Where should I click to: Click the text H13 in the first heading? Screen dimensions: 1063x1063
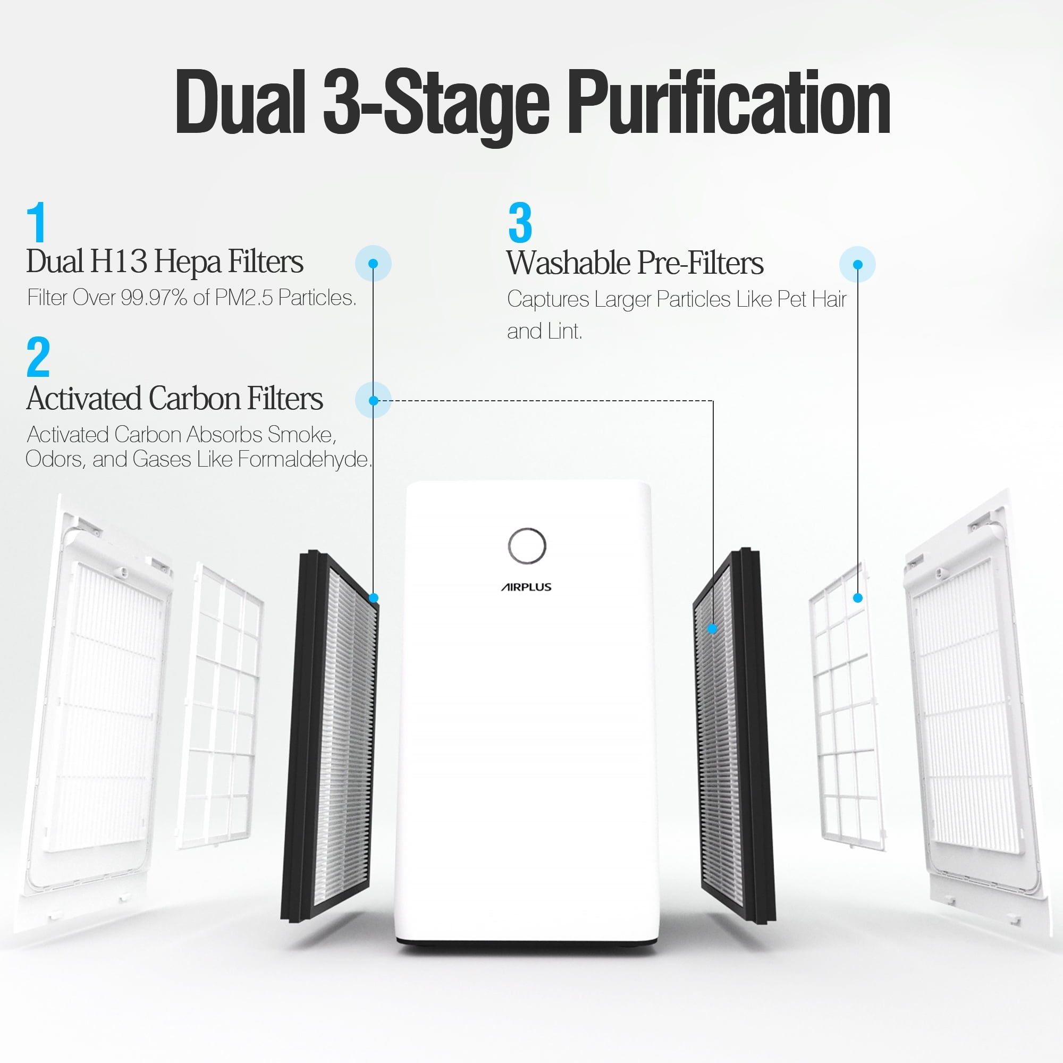[119, 261]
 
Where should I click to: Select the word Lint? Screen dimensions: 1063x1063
[564, 331]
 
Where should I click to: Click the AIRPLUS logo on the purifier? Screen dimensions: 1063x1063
[526, 587]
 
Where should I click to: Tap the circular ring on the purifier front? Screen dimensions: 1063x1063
[527, 546]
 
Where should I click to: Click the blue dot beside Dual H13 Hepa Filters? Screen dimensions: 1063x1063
[373, 264]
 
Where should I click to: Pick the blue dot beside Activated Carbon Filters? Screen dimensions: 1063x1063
[373, 400]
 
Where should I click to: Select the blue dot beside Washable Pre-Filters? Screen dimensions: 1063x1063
[857, 265]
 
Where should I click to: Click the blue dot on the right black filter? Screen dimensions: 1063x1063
[712, 628]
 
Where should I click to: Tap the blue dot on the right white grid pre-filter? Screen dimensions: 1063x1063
[857, 597]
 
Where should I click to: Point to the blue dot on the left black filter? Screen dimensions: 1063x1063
[373, 597]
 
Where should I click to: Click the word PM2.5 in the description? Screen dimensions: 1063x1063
[243, 298]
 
